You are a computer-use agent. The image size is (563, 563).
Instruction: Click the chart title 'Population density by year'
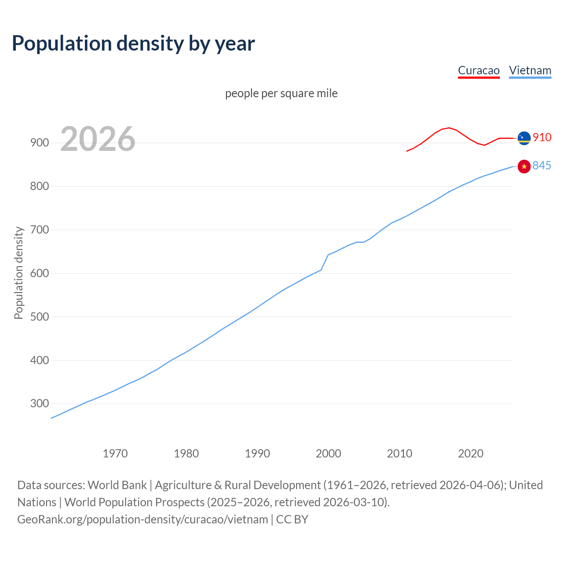point(133,44)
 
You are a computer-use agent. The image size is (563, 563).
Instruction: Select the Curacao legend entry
point(479,70)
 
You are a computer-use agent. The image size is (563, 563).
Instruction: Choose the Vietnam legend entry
point(530,70)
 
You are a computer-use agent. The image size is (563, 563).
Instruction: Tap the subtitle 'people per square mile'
point(281,93)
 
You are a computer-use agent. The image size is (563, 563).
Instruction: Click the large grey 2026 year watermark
point(98,139)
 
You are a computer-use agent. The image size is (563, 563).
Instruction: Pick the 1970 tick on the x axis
point(115,453)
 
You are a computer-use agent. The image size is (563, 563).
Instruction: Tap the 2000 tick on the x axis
point(328,453)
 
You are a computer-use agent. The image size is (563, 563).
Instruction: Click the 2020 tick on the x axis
point(471,453)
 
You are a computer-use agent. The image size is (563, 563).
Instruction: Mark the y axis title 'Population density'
point(18,273)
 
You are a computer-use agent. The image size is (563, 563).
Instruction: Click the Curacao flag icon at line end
point(524,138)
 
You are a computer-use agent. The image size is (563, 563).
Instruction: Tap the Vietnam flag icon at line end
point(524,166)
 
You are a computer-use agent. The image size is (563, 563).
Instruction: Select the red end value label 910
point(542,138)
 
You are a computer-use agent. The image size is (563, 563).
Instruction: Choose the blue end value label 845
point(542,166)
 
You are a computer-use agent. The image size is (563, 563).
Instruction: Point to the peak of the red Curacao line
point(449,128)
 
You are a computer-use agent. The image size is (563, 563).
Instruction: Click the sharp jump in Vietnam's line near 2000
point(325,262)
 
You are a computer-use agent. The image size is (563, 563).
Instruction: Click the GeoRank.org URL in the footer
point(143,519)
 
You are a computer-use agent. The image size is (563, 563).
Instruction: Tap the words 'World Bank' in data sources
point(117,485)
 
